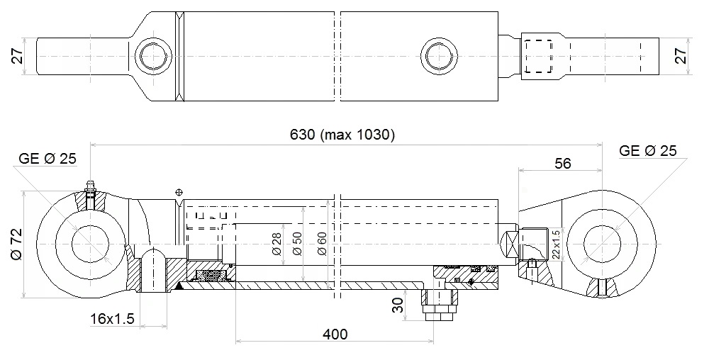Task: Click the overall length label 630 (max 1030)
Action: pyautogui.click(x=342, y=135)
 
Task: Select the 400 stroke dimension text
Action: pyautogui.click(x=335, y=334)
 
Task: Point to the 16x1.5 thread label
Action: pyautogui.click(x=112, y=319)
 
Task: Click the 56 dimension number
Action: pyautogui.click(x=562, y=163)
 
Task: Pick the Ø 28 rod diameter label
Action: pyautogui.click(x=277, y=244)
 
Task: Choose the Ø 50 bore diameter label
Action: pyautogui.click(x=297, y=244)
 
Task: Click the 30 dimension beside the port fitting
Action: pyautogui.click(x=398, y=305)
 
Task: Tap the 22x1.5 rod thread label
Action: pyautogui.click(x=556, y=244)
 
